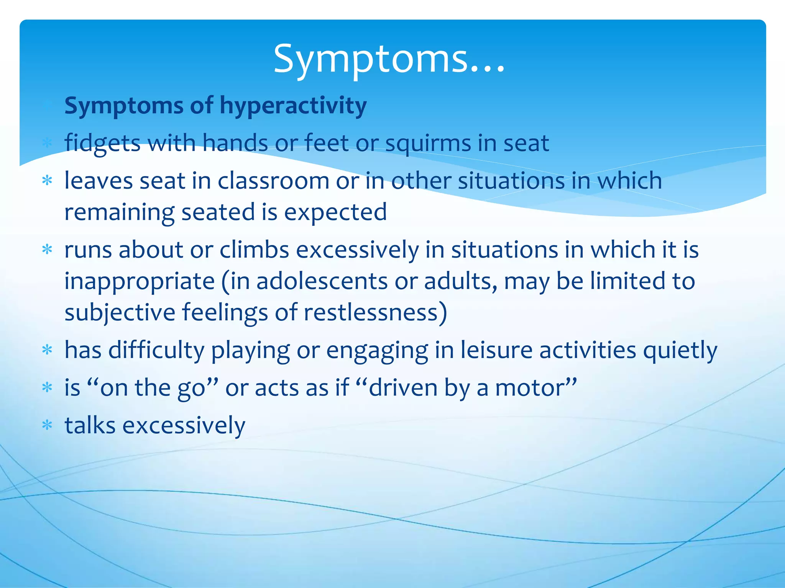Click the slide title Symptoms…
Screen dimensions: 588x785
[x=389, y=59]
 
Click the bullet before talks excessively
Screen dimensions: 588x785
[x=47, y=425]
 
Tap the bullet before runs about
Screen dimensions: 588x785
[x=47, y=250]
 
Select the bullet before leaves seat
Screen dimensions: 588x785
[x=47, y=180]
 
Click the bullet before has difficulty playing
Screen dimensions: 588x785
[x=47, y=350]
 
